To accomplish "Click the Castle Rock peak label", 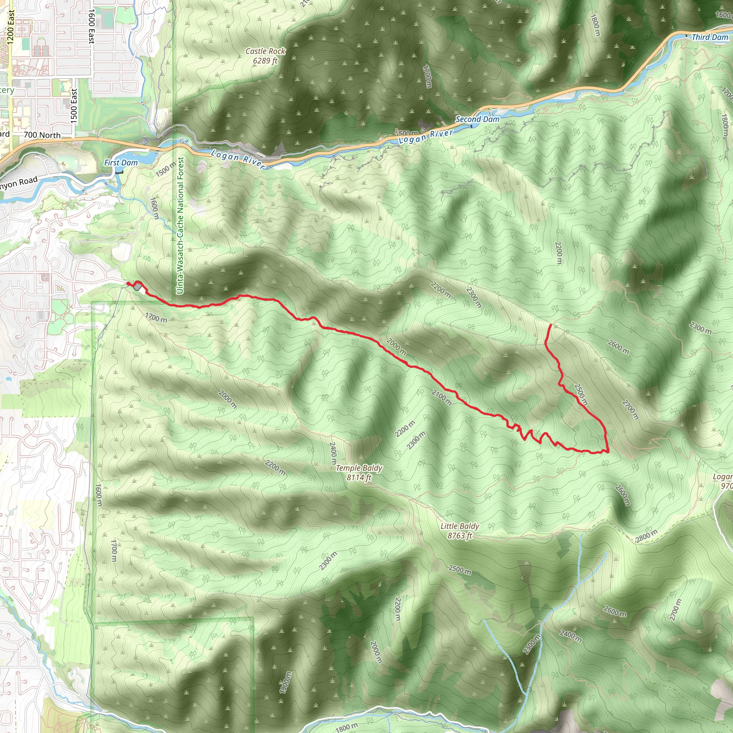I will pyautogui.click(x=265, y=56).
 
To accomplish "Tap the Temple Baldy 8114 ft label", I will pyautogui.click(x=359, y=473).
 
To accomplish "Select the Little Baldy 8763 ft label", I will pyautogui.click(x=460, y=531).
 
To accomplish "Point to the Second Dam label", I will pyautogui.click(x=477, y=119).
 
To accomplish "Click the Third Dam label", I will pyautogui.click(x=710, y=37).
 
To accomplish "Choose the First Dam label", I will pyautogui.click(x=121, y=163).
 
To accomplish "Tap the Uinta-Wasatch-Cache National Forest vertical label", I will pyautogui.click(x=181, y=225).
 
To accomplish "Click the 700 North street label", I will pyautogui.click(x=42, y=135).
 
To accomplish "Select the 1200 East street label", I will pyautogui.click(x=11, y=27).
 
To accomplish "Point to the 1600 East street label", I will pyautogui.click(x=91, y=26).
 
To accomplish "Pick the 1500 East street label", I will pyautogui.click(x=74, y=106).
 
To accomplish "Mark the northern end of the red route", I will pyautogui.click(x=551, y=325).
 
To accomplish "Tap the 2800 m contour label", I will pyautogui.click(x=646, y=536).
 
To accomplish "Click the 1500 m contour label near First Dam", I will pyautogui.click(x=166, y=169).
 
